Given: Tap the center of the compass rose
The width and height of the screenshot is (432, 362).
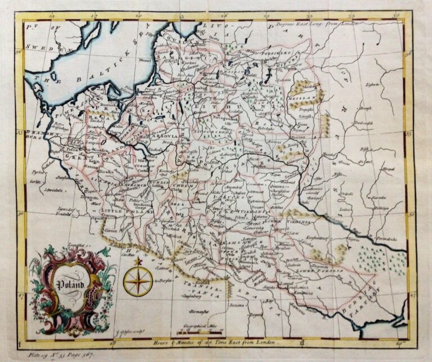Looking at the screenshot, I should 137,279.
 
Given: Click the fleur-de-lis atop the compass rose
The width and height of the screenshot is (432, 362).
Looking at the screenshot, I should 137,261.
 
